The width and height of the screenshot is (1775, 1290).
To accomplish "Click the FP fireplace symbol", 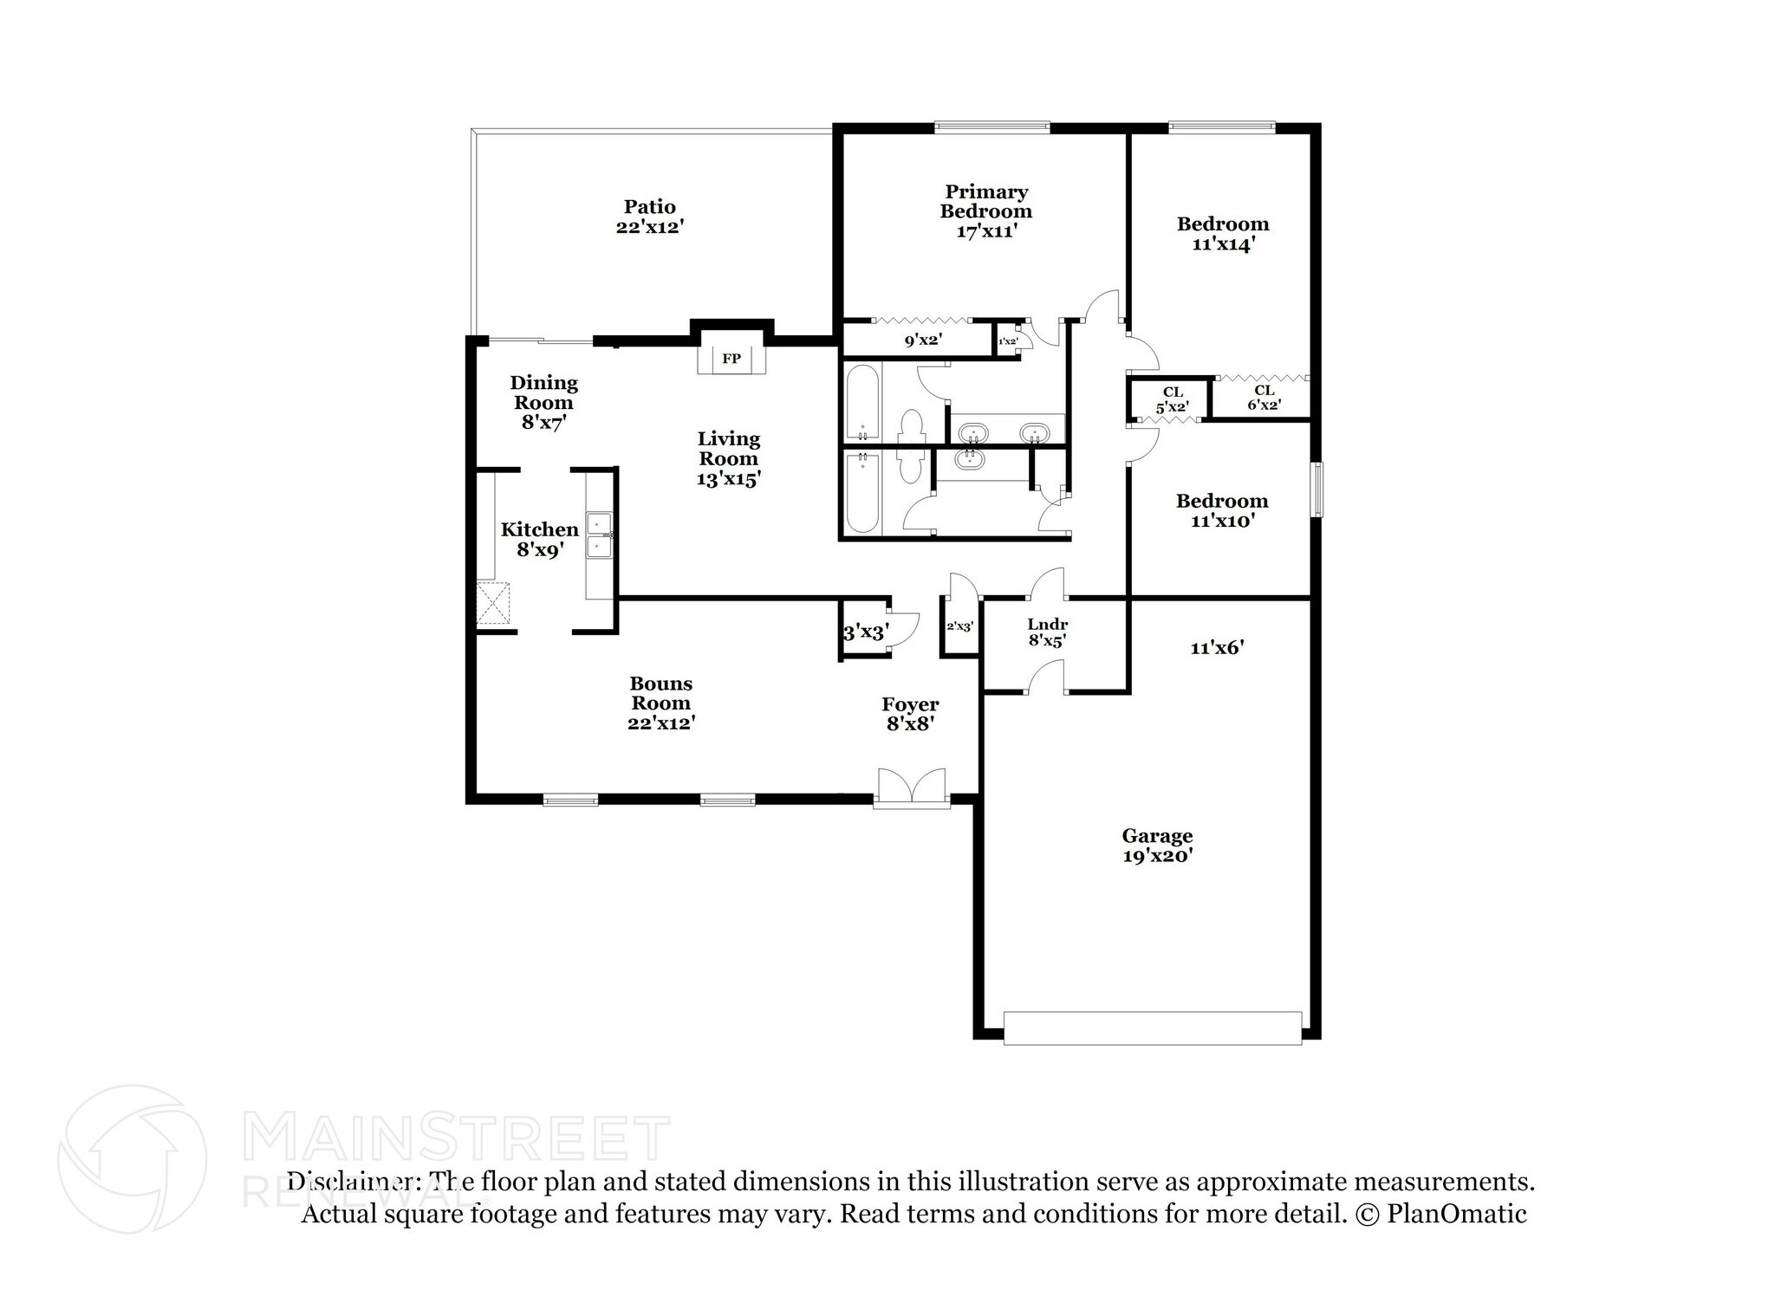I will click(731, 359).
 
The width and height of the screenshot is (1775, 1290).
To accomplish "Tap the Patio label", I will click(650, 207).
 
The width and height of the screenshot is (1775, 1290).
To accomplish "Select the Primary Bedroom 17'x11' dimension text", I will click(986, 231).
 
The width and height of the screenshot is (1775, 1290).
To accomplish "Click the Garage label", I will click(1157, 836).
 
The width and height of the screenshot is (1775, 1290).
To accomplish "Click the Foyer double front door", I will click(911, 788).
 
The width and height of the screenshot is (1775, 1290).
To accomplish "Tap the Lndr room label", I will click(1047, 625).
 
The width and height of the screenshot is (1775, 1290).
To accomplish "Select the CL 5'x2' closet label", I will click(1173, 399).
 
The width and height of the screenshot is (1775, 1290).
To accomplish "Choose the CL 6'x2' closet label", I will click(1264, 398).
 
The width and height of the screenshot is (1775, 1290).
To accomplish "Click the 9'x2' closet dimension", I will click(923, 340).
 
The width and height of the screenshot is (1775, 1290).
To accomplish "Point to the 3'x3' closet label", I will click(865, 633).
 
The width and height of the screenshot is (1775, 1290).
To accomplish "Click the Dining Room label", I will click(543, 392).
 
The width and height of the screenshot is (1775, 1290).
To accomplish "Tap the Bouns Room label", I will click(660, 693).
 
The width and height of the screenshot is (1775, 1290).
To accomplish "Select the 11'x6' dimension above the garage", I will click(1218, 647).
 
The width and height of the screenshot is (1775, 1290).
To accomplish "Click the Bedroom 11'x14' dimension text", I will click(1223, 244).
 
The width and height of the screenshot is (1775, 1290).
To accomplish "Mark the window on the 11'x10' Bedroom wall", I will click(1317, 490).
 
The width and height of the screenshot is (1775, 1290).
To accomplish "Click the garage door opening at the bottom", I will click(1152, 1027).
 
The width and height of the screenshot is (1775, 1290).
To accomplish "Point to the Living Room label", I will click(729, 449).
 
